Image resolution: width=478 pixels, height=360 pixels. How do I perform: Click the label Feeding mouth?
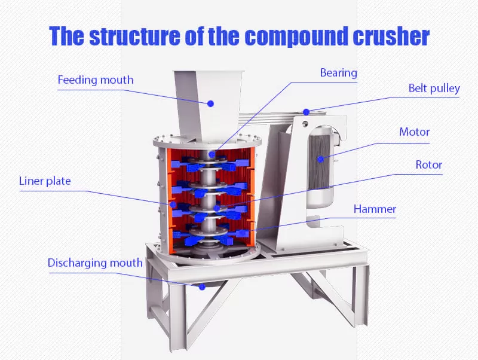[x=96, y=80]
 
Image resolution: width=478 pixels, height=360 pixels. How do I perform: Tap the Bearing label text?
[x=338, y=73]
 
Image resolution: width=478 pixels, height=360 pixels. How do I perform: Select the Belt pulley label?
[x=434, y=88]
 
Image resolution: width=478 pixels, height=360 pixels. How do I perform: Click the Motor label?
[x=414, y=132]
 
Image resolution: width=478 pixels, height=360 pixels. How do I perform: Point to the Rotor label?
[x=428, y=164]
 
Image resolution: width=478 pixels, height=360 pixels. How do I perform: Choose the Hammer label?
[x=375, y=209]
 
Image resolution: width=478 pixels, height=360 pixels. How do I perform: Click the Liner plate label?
[x=45, y=181]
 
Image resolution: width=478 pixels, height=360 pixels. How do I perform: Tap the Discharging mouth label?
[x=95, y=263]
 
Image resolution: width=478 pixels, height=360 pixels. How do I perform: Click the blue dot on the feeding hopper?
[x=210, y=103]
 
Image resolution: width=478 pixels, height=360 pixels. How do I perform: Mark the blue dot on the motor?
[x=320, y=159]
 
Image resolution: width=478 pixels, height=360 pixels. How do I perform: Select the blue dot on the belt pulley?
[x=307, y=112]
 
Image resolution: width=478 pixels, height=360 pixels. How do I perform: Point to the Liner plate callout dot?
[x=173, y=204]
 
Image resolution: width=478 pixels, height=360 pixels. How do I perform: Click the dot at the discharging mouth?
[x=202, y=287]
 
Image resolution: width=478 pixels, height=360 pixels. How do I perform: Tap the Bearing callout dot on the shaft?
[x=212, y=154]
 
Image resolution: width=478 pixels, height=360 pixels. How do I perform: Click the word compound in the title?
[x=297, y=36]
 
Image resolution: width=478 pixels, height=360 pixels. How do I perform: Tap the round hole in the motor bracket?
[x=305, y=124]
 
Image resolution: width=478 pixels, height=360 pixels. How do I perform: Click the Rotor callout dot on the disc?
[x=216, y=208]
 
